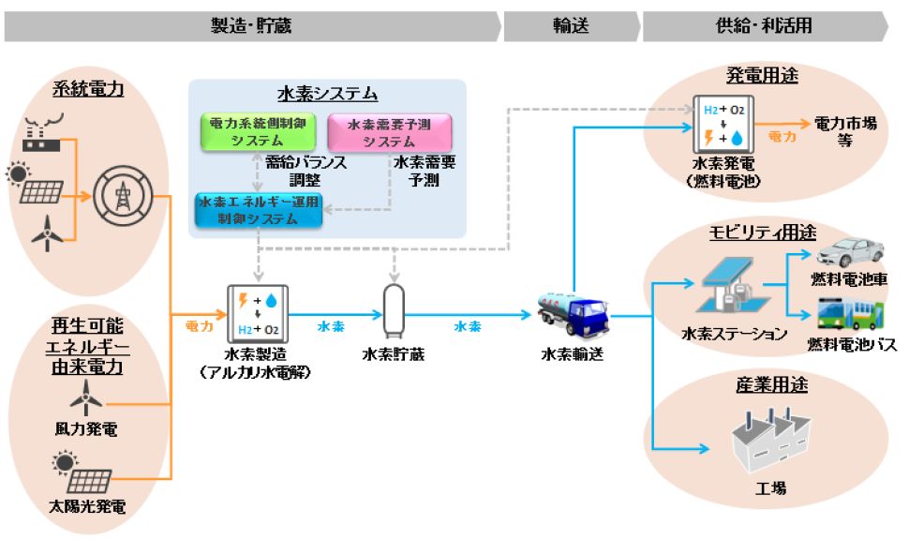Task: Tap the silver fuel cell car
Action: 850,250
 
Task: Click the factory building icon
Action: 770,440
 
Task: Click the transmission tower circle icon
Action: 121,197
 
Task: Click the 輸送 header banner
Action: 570,26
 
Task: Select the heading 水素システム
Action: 327,94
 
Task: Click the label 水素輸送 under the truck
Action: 573,354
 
